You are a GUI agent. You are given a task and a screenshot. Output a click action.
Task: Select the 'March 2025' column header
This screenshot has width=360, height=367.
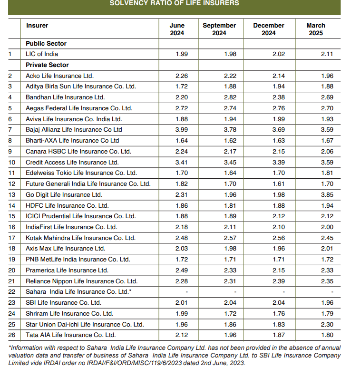[316, 29]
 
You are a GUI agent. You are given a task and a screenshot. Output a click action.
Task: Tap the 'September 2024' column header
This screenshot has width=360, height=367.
[219, 29]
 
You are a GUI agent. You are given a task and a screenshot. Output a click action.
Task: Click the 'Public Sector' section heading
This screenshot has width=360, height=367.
[46, 43]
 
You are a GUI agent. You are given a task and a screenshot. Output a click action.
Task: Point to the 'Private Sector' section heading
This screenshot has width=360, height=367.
[47, 65]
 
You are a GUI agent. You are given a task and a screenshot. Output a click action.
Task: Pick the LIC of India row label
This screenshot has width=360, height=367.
[42, 54]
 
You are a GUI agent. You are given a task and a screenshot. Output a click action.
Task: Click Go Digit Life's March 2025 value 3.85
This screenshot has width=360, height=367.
[327, 194]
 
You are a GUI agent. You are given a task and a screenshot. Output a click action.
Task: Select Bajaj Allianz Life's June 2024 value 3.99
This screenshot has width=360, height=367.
[182, 130]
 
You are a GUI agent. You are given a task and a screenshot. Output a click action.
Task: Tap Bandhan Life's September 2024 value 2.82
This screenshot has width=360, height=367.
[230, 97]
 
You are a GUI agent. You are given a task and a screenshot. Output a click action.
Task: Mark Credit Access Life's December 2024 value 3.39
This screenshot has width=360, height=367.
[279, 162]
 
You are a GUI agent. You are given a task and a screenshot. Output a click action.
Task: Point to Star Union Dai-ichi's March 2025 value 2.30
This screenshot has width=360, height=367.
[327, 324]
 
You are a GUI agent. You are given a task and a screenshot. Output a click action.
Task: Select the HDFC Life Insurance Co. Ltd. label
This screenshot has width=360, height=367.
[67, 205]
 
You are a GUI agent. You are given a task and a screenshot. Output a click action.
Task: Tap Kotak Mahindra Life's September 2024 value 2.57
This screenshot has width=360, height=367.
[230, 238]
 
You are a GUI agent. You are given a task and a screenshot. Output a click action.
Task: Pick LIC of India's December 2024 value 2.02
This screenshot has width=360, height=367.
[279, 54]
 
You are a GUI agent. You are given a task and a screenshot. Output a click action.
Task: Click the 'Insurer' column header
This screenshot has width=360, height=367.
[37, 26]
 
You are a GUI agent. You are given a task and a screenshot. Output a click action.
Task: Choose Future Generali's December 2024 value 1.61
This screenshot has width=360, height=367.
[279, 183]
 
